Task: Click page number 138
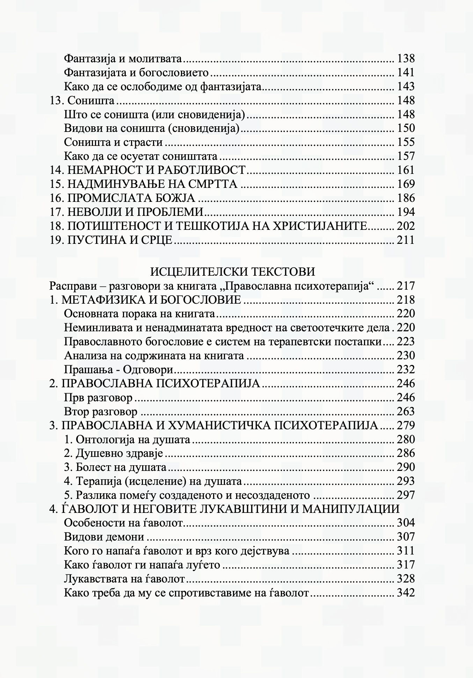[406, 58]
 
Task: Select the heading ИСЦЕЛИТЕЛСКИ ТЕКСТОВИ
[233, 271]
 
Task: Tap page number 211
[406, 240]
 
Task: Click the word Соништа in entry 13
[91, 101]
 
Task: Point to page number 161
[406, 170]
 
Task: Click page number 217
[406, 286]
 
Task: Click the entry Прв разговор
[98, 397]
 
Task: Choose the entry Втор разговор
[101, 411]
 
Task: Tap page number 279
[406, 425]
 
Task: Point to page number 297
[406, 495]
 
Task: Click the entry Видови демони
[104, 537]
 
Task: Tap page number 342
[406, 593]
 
